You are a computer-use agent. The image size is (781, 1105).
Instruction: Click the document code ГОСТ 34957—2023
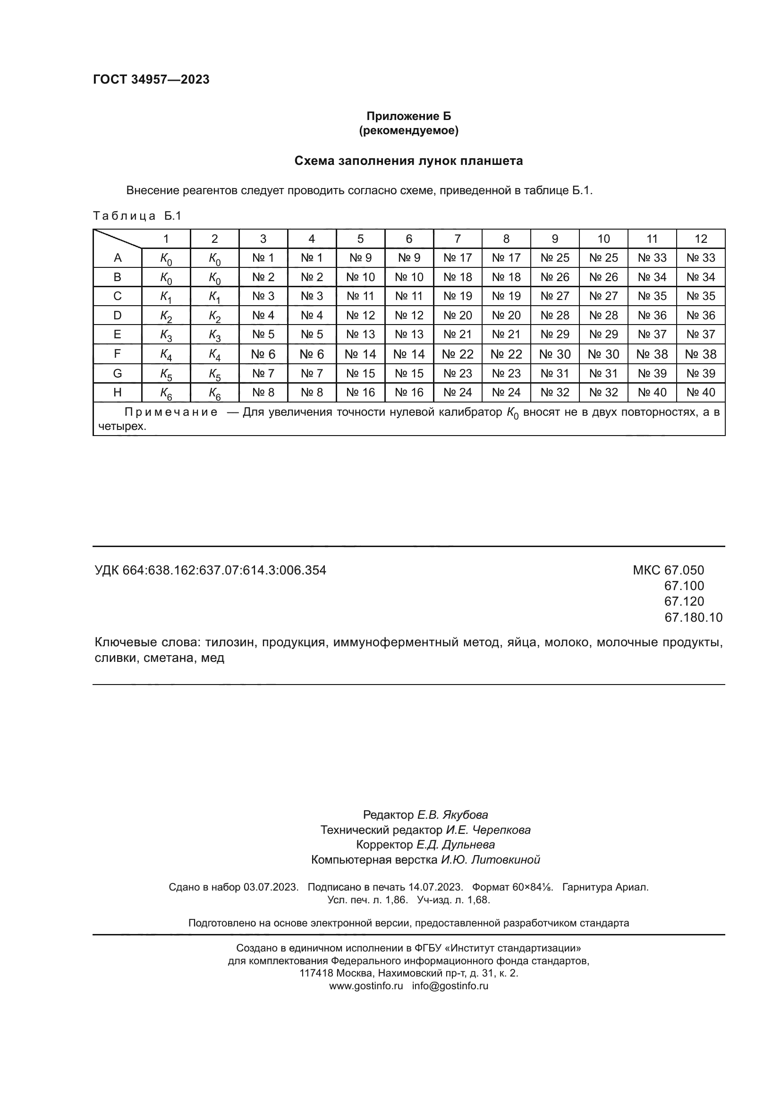pyautogui.click(x=151, y=79)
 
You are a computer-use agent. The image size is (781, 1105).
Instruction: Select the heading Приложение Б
pyautogui.click(x=408, y=116)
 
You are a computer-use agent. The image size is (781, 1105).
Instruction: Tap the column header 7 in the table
pyautogui.click(x=458, y=239)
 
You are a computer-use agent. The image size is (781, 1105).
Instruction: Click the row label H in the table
pyautogui.click(x=118, y=392)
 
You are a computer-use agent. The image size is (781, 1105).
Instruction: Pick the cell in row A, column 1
pyautogui.click(x=166, y=258)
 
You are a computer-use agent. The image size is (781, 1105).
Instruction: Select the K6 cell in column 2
pyautogui.click(x=214, y=393)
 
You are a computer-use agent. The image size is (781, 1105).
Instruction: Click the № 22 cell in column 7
pyautogui.click(x=458, y=354)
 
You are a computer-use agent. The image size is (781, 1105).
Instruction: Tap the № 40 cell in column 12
pyautogui.click(x=701, y=392)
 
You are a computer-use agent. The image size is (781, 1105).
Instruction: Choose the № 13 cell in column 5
pyautogui.click(x=360, y=334)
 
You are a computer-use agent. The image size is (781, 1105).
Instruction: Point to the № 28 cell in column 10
pyautogui.click(x=603, y=315)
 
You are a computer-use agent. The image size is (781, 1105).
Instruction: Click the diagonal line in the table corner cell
pyautogui.click(x=118, y=239)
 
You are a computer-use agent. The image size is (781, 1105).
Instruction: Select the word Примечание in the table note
pyautogui.click(x=171, y=412)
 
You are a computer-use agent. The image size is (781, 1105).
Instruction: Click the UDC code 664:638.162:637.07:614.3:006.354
pyautogui.click(x=224, y=570)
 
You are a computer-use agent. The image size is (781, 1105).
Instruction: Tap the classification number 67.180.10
pyautogui.click(x=693, y=617)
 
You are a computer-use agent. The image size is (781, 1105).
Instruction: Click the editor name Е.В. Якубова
pyautogui.click(x=452, y=815)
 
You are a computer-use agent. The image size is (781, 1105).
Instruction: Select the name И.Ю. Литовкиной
pyautogui.click(x=491, y=859)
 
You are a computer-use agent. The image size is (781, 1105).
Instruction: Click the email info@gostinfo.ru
pyautogui.click(x=450, y=985)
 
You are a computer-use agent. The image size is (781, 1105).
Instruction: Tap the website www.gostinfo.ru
pyautogui.click(x=365, y=985)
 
